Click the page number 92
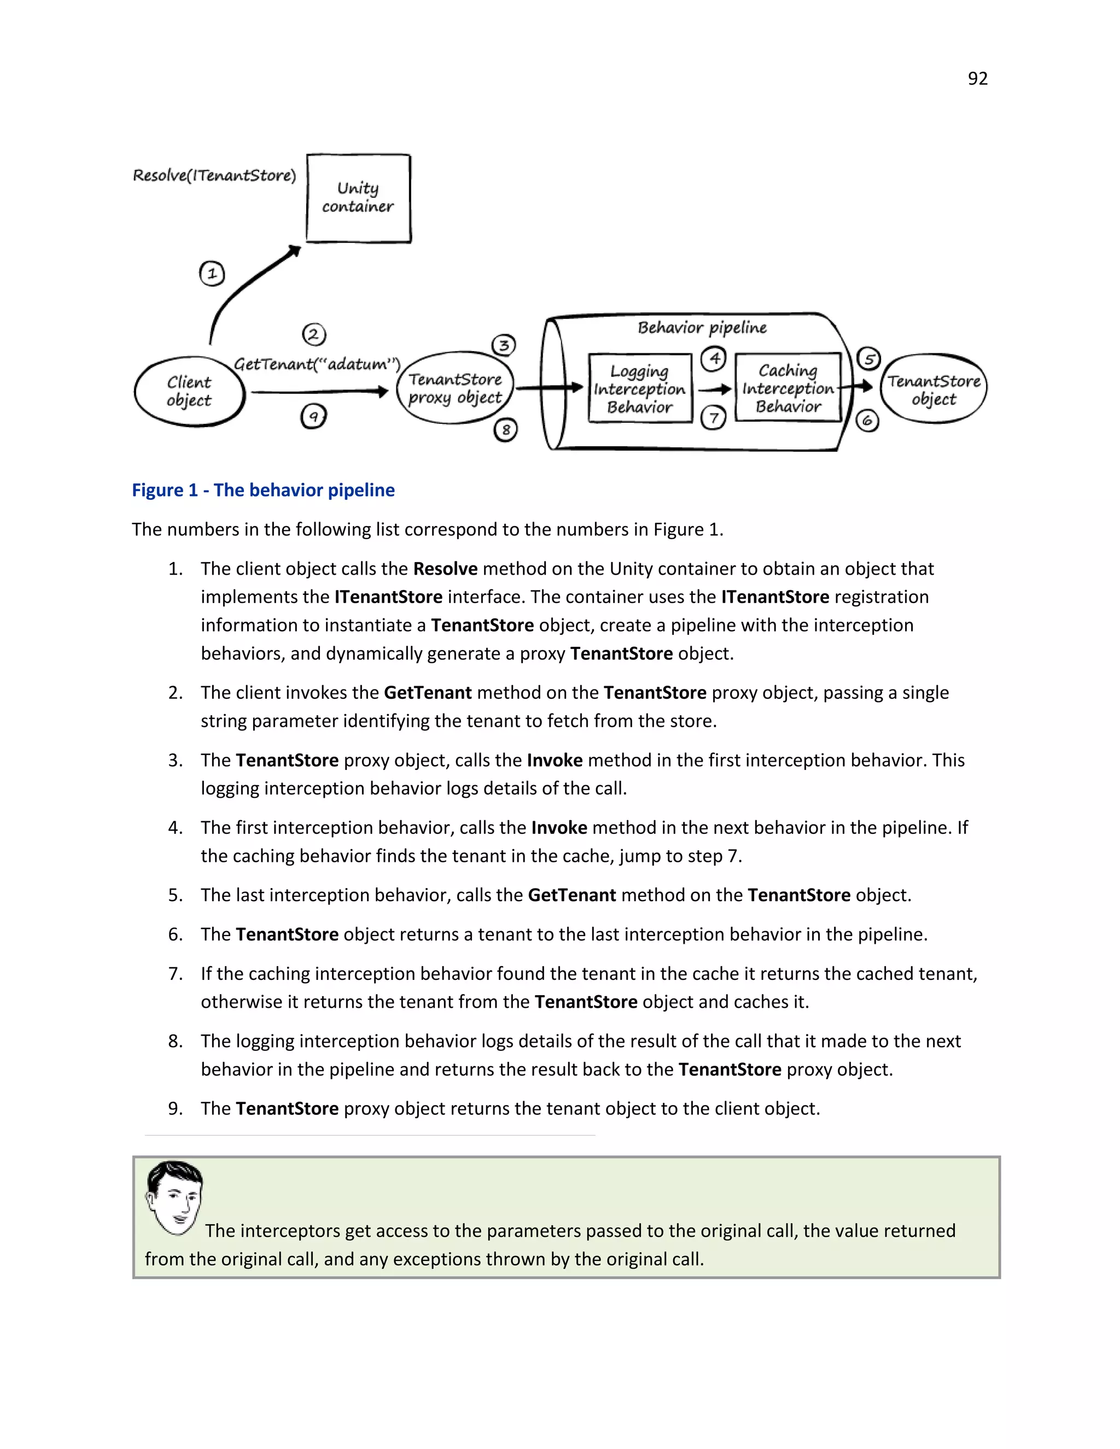pos(977,79)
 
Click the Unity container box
pos(358,198)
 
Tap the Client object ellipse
pos(189,392)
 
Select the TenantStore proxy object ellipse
pos(454,388)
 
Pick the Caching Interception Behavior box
pos(787,388)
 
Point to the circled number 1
pos(212,273)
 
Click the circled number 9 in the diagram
pos(313,417)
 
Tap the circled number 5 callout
pos(868,359)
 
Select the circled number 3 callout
pos(504,345)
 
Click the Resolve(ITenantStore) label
pos(214,175)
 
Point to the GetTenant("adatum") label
pos(317,364)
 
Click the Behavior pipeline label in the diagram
pos(702,328)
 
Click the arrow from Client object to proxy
pos(318,392)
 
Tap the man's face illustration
pos(174,1197)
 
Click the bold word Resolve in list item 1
pos(445,569)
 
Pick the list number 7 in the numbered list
pos(175,974)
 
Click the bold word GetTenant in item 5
pos(571,895)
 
